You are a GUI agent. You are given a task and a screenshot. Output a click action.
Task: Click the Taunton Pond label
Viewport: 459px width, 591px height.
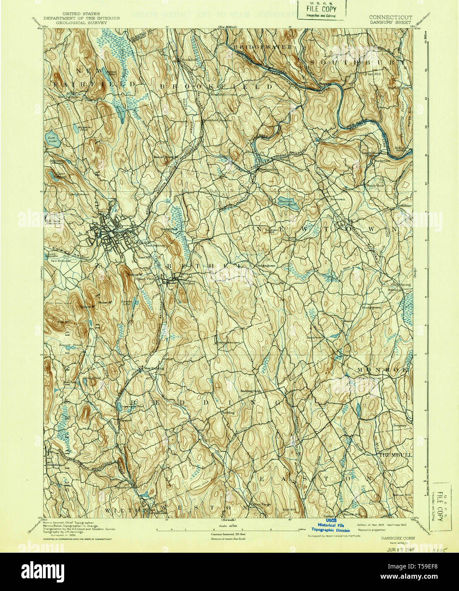coord(288,203)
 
